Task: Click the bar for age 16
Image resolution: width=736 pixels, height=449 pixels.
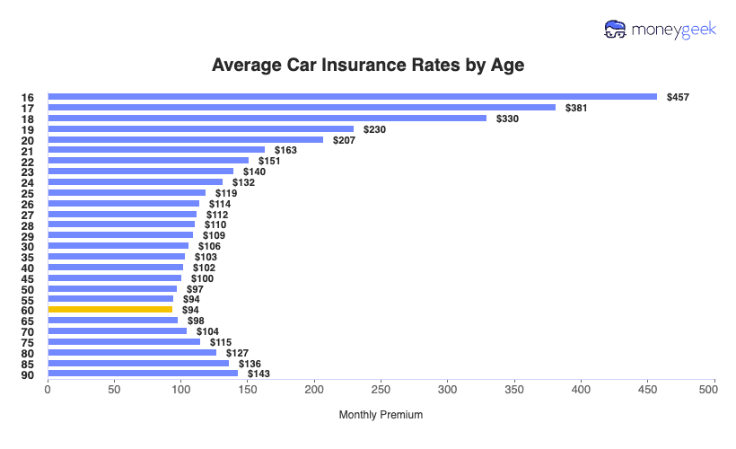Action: pos(352,97)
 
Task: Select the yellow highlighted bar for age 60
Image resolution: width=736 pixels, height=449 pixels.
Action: pos(110,310)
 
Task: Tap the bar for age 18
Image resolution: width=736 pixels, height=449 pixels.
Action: pos(267,119)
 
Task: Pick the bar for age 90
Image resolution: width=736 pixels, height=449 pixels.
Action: pos(143,374)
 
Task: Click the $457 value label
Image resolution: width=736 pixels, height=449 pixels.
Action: pos(678,97)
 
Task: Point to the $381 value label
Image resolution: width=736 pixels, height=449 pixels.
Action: pos(576,108)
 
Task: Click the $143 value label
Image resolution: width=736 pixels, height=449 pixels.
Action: pos(258,374)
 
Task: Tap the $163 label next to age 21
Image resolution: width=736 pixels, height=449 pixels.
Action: pos(285,150)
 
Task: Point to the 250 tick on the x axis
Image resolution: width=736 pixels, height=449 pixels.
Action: pos(381,391)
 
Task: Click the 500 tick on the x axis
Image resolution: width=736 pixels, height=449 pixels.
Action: pos(714,391)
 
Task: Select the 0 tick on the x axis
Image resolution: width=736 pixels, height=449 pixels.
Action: pos(48,391)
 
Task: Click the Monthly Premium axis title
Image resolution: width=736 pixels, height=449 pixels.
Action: pos(381,415)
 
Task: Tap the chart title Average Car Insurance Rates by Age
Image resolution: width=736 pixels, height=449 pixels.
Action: pos(368,66)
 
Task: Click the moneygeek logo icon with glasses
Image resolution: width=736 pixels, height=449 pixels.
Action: pos(616,30)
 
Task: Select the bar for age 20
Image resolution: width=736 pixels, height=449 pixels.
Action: pos(185,140)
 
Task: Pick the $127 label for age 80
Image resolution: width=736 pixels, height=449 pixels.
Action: pos(237,353)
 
